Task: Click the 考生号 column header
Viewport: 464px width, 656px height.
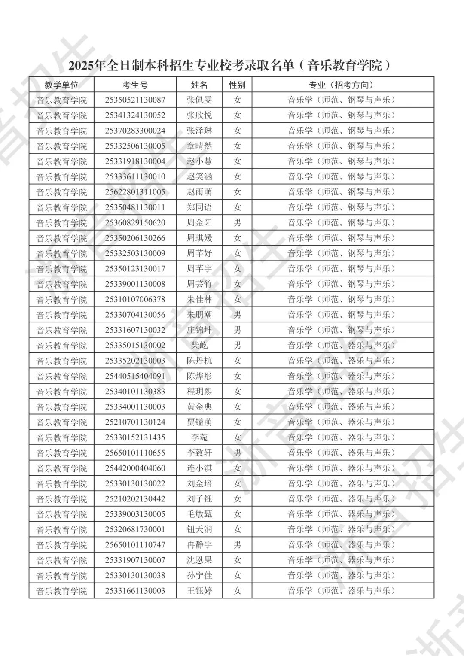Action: [x=135, y=85]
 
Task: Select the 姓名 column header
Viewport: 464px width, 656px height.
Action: [x=199, y=85]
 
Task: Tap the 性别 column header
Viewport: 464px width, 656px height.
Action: [x=237, y=85]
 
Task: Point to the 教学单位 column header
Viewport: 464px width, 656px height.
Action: [x=61, y=85]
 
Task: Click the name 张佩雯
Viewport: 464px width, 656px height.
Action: [x=199, y=100]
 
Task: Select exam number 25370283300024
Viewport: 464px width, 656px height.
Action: [x=135, y=131]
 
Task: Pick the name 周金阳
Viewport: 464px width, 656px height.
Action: [x=199, y=223]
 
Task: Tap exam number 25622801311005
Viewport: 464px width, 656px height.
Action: [x=135, y=192]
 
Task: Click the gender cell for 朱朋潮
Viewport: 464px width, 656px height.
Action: [x=237, y=315]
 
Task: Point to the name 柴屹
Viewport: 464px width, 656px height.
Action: [x=199, y=346]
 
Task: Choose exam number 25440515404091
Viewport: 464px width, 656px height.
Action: [x=135, y=376]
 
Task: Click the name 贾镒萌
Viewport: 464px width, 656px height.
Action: [x=199, y=422]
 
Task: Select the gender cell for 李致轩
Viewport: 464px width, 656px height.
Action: [x=237, y=453]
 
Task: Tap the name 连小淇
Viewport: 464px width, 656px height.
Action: [x=199, y=468]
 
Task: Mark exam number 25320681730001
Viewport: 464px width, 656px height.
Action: [x=135, y=529]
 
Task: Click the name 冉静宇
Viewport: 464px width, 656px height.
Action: [x=199, y=545]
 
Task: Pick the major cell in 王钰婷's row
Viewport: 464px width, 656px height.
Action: [x=341, y=591]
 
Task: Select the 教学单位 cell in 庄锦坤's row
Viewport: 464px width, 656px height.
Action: [x=61, y=330]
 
